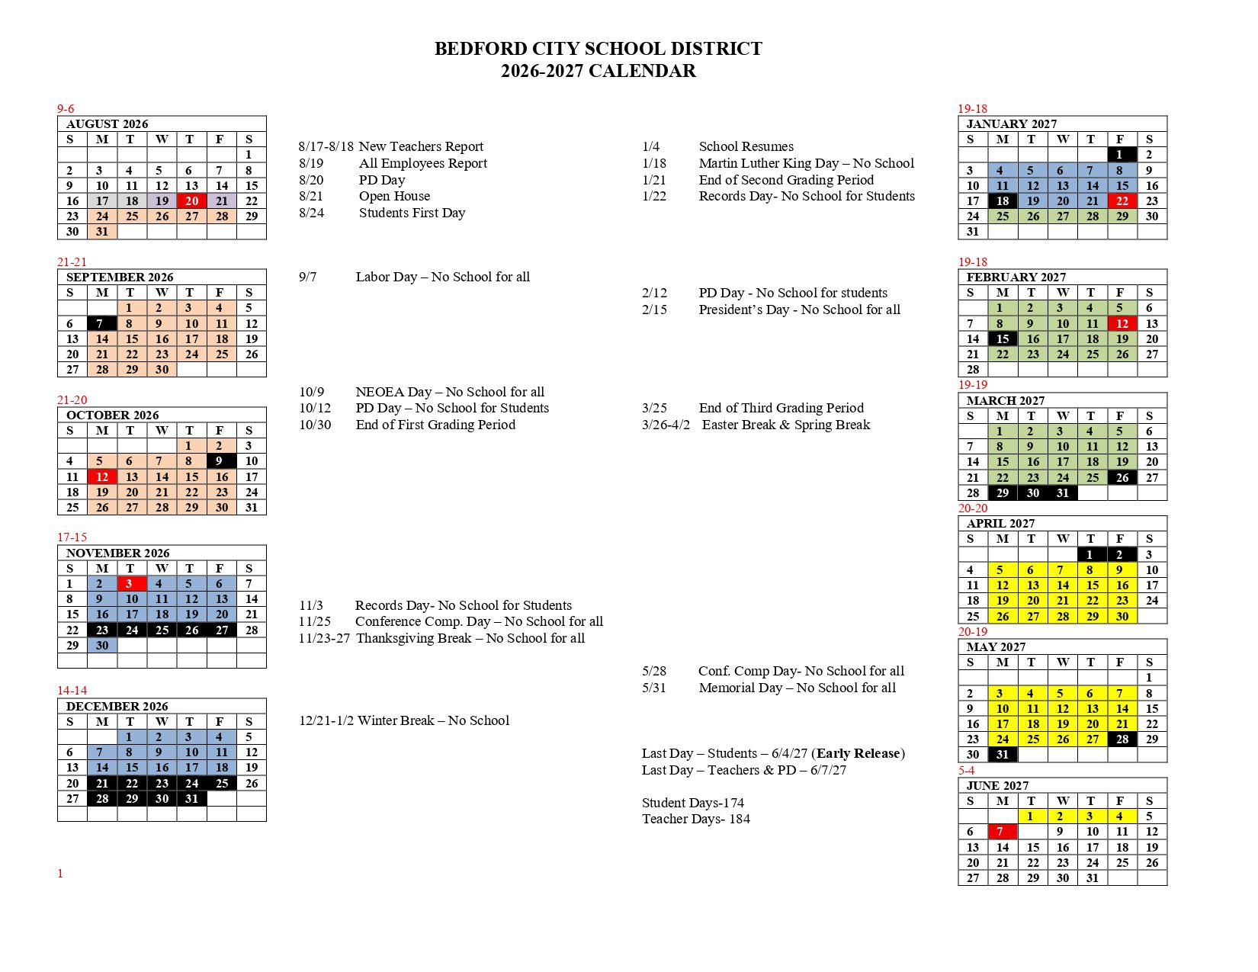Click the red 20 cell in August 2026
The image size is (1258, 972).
pyautogui.click(x=191, y=201)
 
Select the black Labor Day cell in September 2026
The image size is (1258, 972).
pyautogui.click(x=102, y=323)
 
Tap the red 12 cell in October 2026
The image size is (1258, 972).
pyautogui.click(x=102, y=477)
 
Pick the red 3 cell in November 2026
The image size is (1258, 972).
pyautogui.click(x=131, y=584)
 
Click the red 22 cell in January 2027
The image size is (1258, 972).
pyautogui.click(x=1122, y=201)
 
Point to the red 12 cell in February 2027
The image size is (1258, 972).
pyautogui.click(x=1122, y=323)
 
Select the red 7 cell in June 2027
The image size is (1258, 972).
pyautogui.click(x=1002, y=832)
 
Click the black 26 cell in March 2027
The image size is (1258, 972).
pyautogui.click(x=1122, y=478)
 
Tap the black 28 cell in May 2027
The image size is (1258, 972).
pyautogui.click(x=1122, y=739)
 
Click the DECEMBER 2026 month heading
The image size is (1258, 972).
pyautogui.click(x=117, y=706)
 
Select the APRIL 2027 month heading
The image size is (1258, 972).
pyautogui.click(x=1000, y=523)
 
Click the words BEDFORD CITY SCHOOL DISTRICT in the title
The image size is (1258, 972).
pyautogui.click(x=598, y=49)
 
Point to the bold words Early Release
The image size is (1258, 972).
pyautogui.click(x=858, y=753)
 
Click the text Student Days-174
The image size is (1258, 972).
pyautogui.click(x=692, y=803)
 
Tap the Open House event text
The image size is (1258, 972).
pyautogui.click(x=394, y=196)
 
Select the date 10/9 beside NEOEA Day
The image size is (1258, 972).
pyautogui.click(x=311, y=392)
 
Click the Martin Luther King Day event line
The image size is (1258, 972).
pyautogui.click(x=806, y=163)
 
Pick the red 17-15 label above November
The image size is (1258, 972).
pyautogui.click(x=72, y=537)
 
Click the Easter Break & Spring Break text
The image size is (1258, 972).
pyautogui.click(x=785, y=425)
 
